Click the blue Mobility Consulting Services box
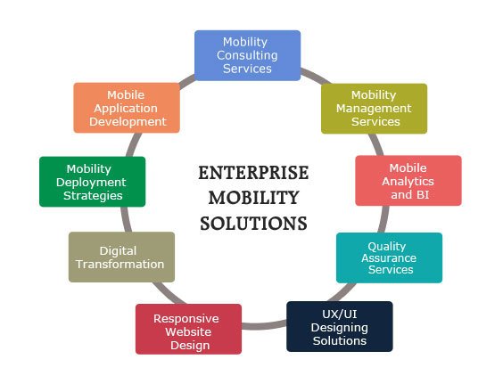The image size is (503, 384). [x=248, y=55]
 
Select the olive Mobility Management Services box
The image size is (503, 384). [x=374, y=109]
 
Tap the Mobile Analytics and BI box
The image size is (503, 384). [x=408, y=181]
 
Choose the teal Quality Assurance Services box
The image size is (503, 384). [x=389, y=257]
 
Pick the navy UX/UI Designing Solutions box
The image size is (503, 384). [x=340, y=327]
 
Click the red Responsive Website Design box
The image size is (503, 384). [x=189, y=329]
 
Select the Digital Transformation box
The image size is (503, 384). [x=121, y=257]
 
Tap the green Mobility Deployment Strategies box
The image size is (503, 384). [x=93, y=182]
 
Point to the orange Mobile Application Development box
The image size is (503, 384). [x=127, y=108]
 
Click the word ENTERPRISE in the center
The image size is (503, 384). [x=253, y=173]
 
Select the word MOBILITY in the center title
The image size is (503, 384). [x=254, y=198]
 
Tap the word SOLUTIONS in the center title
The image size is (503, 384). [x=254, y=224]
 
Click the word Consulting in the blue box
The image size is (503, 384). [x=247, y=55]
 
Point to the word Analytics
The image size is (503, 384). [x=408, y=182]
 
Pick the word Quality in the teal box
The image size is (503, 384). [x=387, y=246]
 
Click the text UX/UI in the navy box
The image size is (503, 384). [x=340, y=315]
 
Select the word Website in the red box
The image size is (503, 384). [x=188, y=331]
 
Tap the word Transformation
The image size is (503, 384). [x=120, y=264]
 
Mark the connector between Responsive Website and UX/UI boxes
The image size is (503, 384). [x=264, y=325]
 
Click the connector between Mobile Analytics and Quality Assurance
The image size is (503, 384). [x=383, y=219]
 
